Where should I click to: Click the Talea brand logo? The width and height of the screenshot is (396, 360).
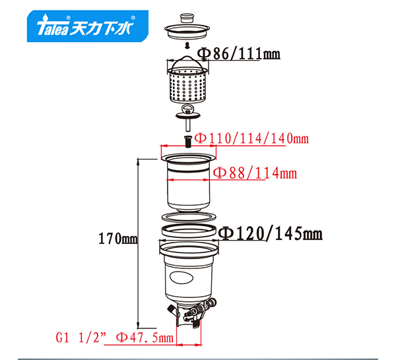[x=87, y=26]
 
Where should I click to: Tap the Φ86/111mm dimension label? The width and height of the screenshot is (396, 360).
[x=239, y=53]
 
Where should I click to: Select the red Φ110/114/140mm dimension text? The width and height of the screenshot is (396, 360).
[x=252, y=138]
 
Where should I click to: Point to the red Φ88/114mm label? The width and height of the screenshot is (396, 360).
[x=255, y=173]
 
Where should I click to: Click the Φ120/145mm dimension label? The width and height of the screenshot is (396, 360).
[x=270, y=233]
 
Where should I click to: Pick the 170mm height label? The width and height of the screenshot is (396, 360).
[x=118, y=239]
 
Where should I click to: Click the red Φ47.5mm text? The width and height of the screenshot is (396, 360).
[x=145, y=338]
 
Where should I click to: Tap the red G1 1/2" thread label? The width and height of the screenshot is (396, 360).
[x=81, y=338]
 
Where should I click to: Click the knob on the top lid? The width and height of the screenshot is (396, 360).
[x=187, y=18]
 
